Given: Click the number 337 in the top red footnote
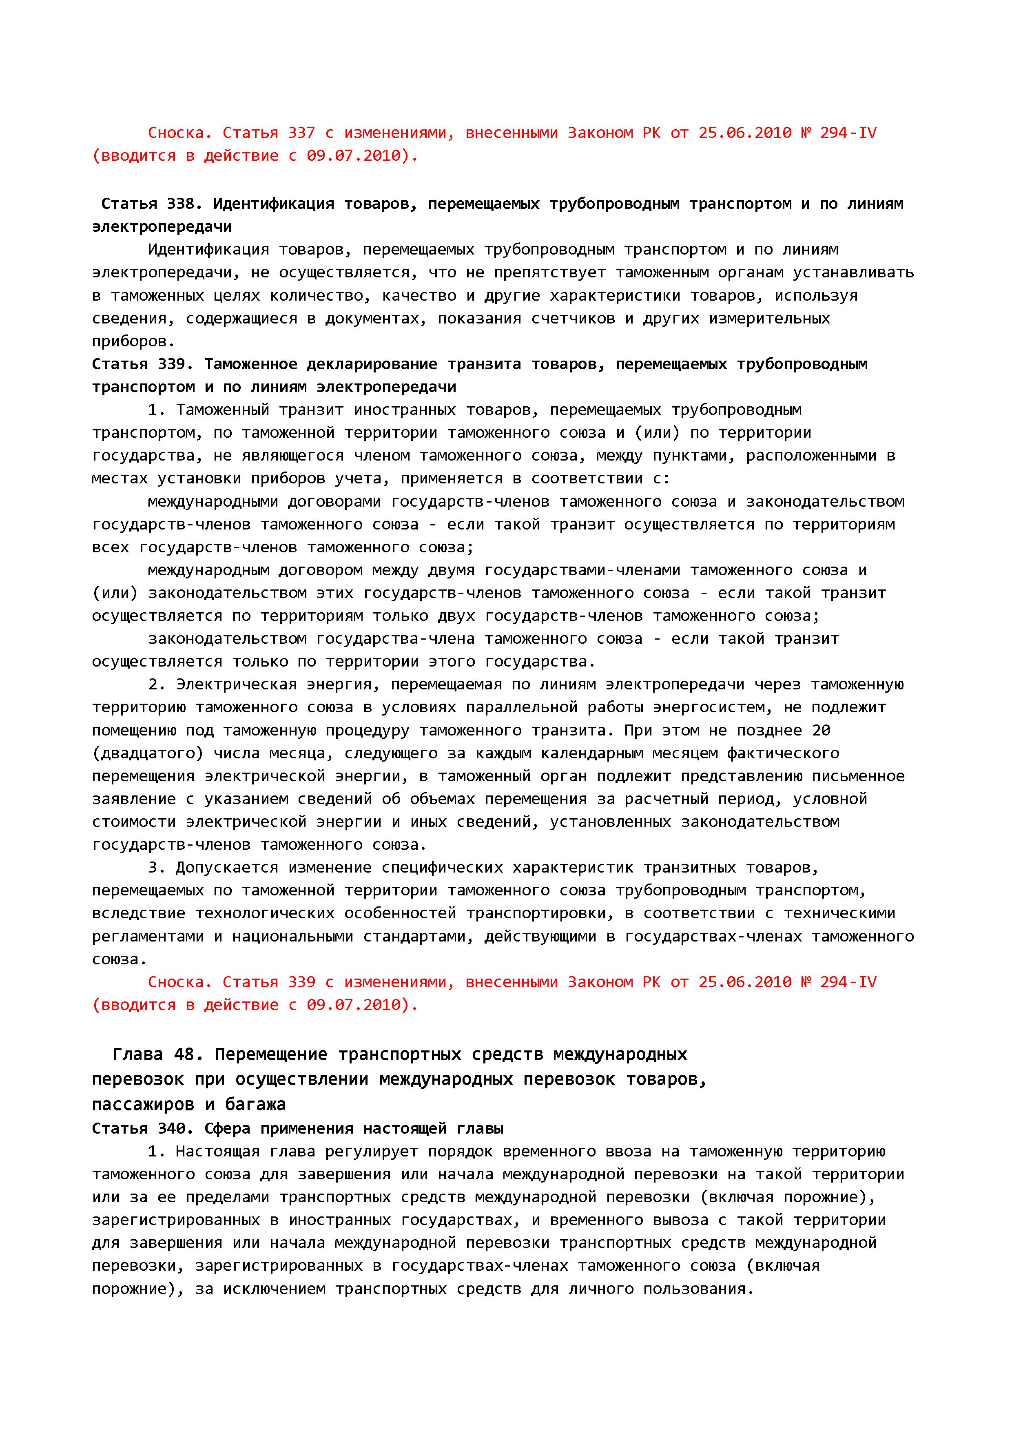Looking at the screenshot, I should [x=301, y=133].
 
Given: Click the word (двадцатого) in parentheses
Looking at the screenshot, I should [x=148, y=753].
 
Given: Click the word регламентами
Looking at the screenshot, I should [x=148, y=936].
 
